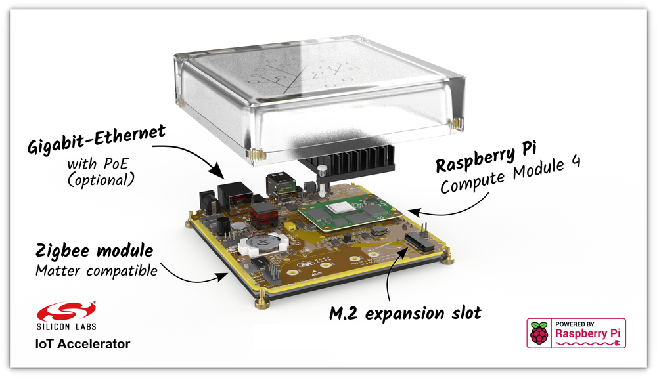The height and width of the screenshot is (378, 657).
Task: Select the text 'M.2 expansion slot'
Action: click(405, 312)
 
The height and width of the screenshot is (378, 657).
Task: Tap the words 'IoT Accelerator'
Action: click(82, 343)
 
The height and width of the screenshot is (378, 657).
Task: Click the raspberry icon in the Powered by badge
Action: click(539, 333)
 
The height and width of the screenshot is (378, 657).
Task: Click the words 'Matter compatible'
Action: click(97, 270)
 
